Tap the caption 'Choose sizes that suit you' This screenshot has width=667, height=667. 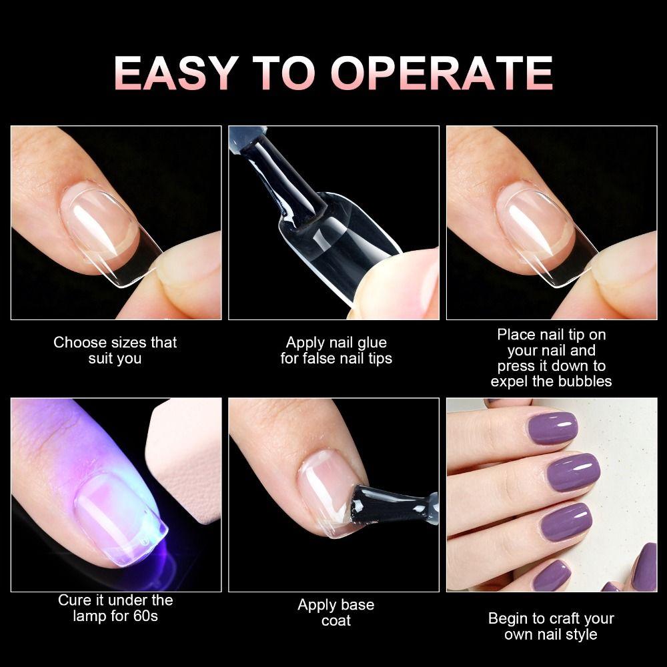[115, 350]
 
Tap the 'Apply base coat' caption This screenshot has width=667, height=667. [336, 612]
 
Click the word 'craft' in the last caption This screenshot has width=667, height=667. [562, 618]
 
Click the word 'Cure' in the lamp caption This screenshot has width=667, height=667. [74, 600]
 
